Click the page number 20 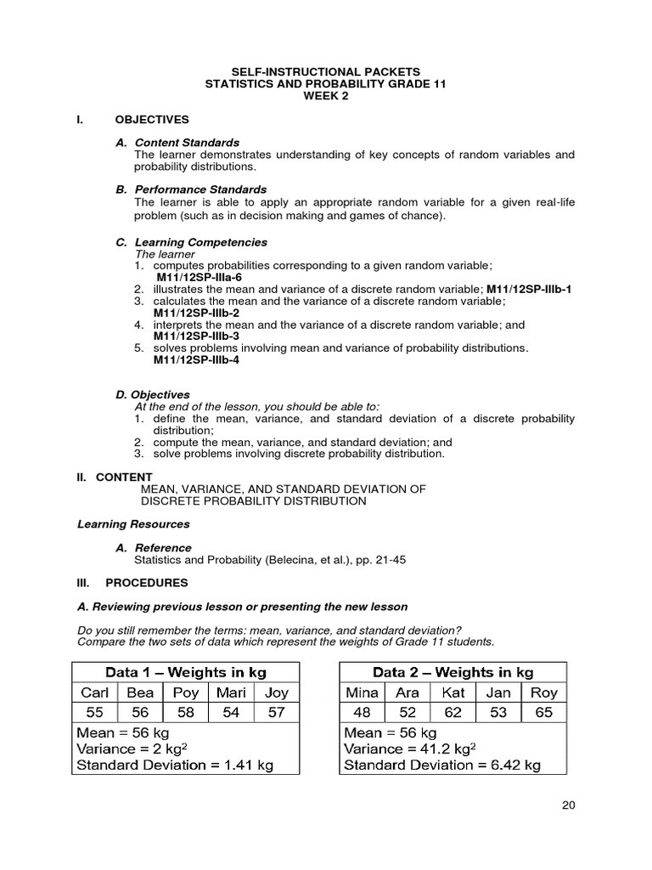[x=568, y=806]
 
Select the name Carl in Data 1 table [x=94, y=692]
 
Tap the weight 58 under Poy [x=185, y=713]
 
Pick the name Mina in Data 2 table [x=363, y=692]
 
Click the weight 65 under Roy [x=543, y=713]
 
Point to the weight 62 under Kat [x=452, y=713]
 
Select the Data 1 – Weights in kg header [x=186, y=672]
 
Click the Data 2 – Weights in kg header [x=452, y=672]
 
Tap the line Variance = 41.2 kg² [x=409, y=749]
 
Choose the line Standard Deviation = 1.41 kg [x=175, y=765]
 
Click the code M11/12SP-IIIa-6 [x=199, y=277]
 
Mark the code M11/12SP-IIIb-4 [x=196, y=359]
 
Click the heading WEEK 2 [x=325, y=95]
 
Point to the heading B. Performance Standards [x=191, y=189]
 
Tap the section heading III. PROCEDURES [x=133, y=583]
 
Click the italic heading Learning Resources [x=133, y=524]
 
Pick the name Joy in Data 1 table [x=276, y=692]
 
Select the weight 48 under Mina [x=363, y=713]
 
